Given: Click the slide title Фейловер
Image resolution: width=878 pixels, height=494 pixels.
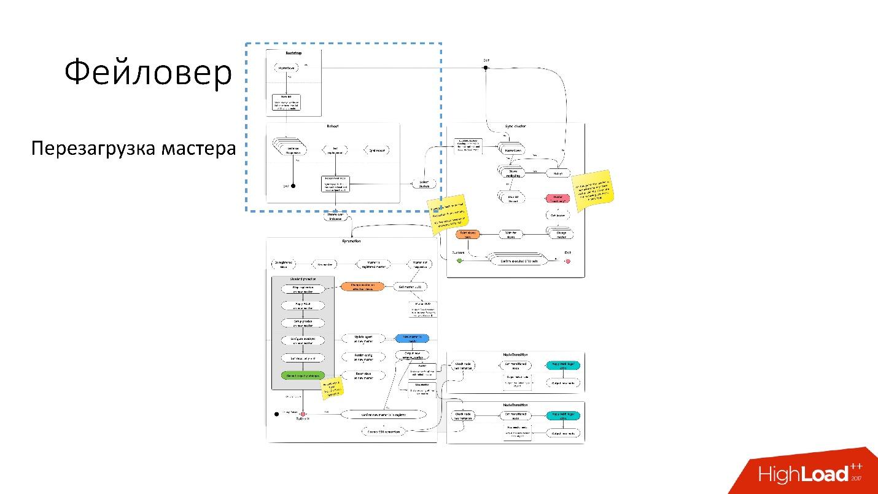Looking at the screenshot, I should (x=148, y=74).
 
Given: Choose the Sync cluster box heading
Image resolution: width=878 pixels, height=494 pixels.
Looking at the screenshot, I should (x=515, y=126).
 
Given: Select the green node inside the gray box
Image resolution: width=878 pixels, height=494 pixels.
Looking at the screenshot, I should (x=301, y=375).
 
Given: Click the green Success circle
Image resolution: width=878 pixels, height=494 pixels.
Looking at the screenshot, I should (x=459, y=261).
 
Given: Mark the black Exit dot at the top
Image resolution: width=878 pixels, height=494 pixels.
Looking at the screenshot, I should (x=485, y=68).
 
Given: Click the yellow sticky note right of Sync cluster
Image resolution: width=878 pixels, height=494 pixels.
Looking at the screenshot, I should (x=593, y=190).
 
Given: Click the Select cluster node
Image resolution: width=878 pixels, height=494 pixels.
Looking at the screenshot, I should (x=424, y=184).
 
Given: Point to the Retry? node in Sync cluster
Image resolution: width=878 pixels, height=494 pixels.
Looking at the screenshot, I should (x=558, y=173).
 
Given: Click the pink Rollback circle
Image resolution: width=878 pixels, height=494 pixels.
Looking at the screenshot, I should (x=302, y=414).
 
